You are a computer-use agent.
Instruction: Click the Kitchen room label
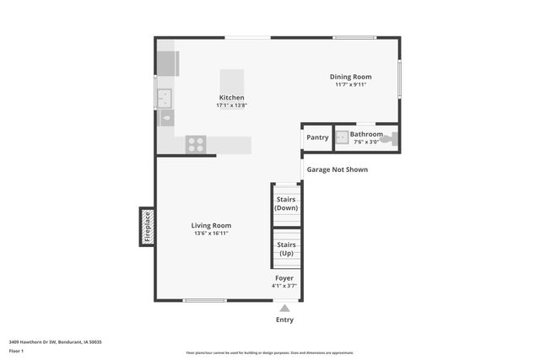coord(231,98)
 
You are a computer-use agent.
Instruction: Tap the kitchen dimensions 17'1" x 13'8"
coord(231,105)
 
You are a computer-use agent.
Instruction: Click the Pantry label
coord(317,137)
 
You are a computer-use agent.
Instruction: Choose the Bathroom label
coord(366,134)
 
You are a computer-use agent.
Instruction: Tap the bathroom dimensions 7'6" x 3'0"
coord(366,141)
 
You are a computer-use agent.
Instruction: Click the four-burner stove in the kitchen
coord(196,144)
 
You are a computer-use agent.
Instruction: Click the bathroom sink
coord(342,138)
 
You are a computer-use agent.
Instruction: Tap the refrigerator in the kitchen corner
coord(167,63)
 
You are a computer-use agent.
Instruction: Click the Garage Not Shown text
coord(337,169)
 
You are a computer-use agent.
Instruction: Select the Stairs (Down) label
coord(286,203)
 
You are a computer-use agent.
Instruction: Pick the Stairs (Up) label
coord(286,249)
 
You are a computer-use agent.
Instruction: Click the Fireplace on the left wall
coord(147,227)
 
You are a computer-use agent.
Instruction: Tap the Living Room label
coord(211,225)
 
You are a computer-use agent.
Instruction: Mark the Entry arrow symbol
coord(284,309)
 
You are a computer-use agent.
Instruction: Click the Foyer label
coord(284,277)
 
